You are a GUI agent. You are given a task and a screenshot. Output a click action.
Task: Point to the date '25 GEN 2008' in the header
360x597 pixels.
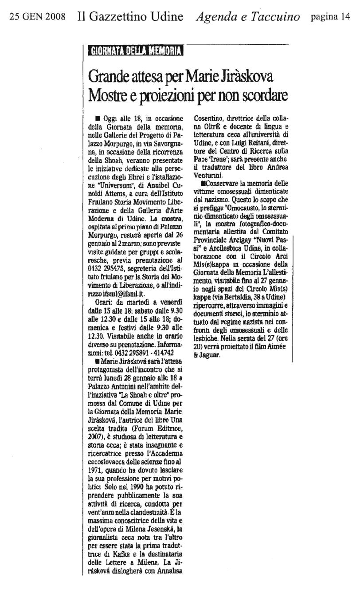pyautogui.click(x=37, y=17)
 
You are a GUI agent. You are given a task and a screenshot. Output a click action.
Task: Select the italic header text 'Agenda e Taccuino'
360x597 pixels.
pyautogui.click(x=248, y=17)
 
